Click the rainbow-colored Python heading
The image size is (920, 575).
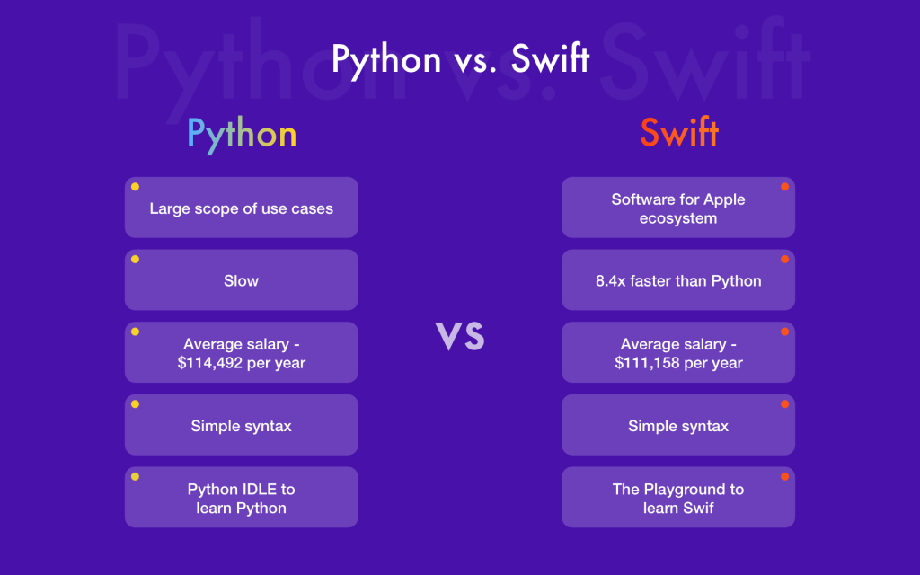pos(241,135)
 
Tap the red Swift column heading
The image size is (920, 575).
pos(678,134)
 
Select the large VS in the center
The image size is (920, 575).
pos(460,335)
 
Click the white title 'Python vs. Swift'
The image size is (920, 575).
pos(460,59)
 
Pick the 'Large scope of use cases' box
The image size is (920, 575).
pos(241,208)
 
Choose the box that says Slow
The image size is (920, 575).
pos(241,280)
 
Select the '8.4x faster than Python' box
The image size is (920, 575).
pos(678,280)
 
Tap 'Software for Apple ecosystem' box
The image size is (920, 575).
pos(678,208)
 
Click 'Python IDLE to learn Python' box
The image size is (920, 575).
pos(241,498)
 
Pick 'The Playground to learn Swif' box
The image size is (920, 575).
pos(678,498)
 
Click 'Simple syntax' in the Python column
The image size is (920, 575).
pos(241,426)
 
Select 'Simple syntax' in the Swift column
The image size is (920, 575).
pos(678,426)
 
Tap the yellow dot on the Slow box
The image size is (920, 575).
pos(135,259)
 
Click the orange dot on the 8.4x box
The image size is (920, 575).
pos(784,259)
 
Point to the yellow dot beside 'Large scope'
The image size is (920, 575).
pos(135,187)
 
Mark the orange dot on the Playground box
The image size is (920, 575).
pos(784,476)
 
